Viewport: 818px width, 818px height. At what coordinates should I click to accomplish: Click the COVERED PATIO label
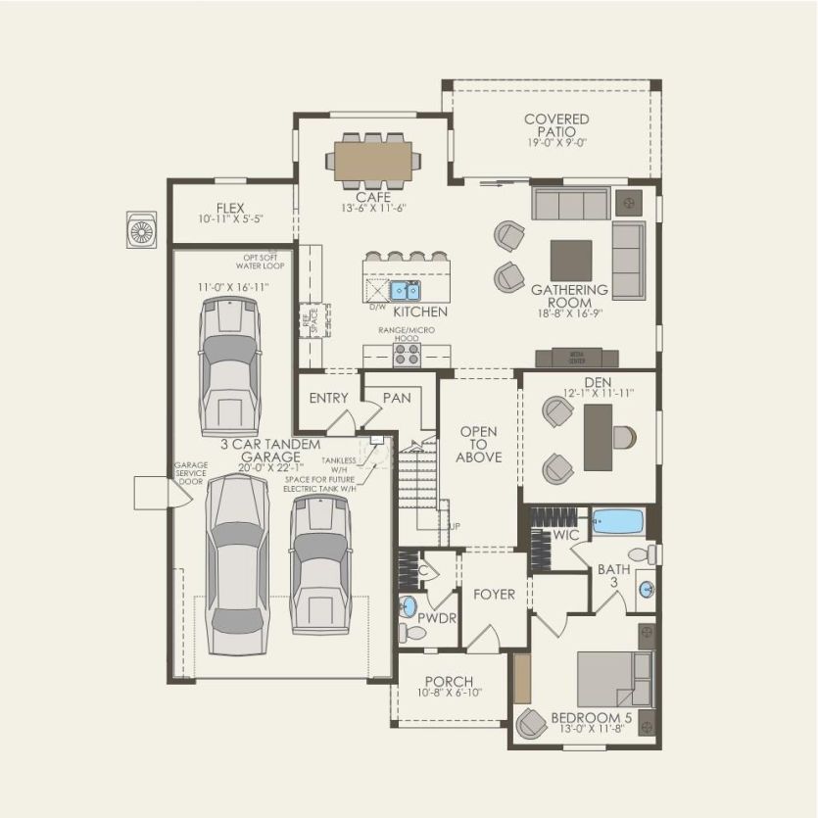tap(555, 125)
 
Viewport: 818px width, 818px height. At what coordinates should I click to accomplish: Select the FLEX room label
tap(230, 208)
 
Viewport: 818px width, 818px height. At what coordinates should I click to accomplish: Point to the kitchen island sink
tap(405, 290)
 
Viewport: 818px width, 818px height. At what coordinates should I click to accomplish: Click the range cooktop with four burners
tap(407, 354)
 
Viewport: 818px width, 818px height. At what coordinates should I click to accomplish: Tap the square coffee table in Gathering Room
tap(570, 261)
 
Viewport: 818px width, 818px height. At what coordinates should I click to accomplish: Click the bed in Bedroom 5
tap(611, 680)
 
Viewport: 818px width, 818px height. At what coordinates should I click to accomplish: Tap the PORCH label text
tap(450, 682)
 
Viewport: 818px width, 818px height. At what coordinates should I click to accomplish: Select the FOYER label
tap(494, 594)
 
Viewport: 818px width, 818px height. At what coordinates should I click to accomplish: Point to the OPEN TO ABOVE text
tap(479, 444)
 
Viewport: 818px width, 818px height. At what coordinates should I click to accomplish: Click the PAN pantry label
tap(397, 398)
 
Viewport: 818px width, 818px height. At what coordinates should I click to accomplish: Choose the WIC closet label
tap(565, 535)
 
